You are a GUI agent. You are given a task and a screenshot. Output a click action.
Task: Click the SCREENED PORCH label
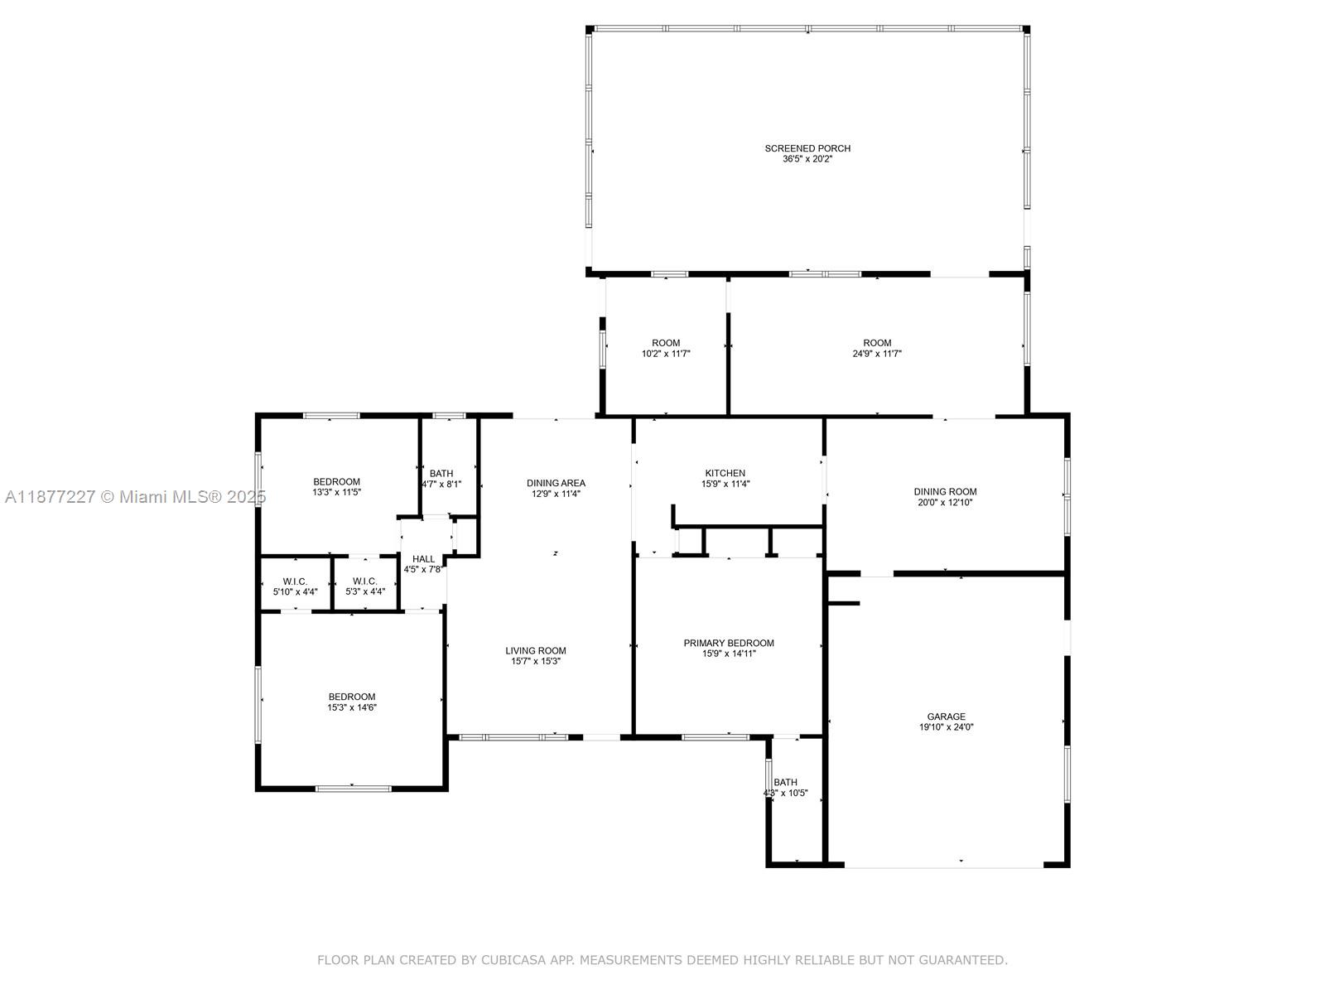click(x=807, y=148)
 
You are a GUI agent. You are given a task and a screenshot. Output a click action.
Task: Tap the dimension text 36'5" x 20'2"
click(x=807, y=159)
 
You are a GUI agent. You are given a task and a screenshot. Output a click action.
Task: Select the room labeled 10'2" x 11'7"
click(x=666, y=348)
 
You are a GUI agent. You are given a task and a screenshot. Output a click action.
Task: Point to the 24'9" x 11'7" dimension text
click(x=877, y=354)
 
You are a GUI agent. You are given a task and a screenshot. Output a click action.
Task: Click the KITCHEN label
click(x=725, y=473)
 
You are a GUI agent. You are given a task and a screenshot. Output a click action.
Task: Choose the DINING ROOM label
click(x=945, y=491)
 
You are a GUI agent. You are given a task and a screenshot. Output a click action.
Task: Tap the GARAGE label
click(x=946, y=717)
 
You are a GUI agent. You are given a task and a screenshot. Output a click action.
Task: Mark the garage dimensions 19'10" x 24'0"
click(x=946, y=727)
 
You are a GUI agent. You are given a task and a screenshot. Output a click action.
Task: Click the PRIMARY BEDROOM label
click(x=729, y=643)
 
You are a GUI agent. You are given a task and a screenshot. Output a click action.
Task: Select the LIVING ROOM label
click(x=536, y=650)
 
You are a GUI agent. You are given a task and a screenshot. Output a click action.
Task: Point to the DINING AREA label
click(x=556, y=483)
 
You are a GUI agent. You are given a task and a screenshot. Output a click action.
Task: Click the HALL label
click(x=423, y=559)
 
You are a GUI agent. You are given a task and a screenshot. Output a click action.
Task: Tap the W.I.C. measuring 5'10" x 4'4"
click(x=295, y=586)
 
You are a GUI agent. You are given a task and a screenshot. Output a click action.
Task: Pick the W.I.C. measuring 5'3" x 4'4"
click(x=364, y=586)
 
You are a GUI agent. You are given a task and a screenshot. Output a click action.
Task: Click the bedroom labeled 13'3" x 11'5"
click(x=336, y=487)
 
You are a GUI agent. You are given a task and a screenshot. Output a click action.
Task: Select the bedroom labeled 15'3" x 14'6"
click(x=352, y=702)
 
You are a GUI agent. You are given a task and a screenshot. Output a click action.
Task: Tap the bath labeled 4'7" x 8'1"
click(x=441, y=479)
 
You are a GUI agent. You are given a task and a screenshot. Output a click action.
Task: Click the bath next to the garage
click(x=785, y=787)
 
